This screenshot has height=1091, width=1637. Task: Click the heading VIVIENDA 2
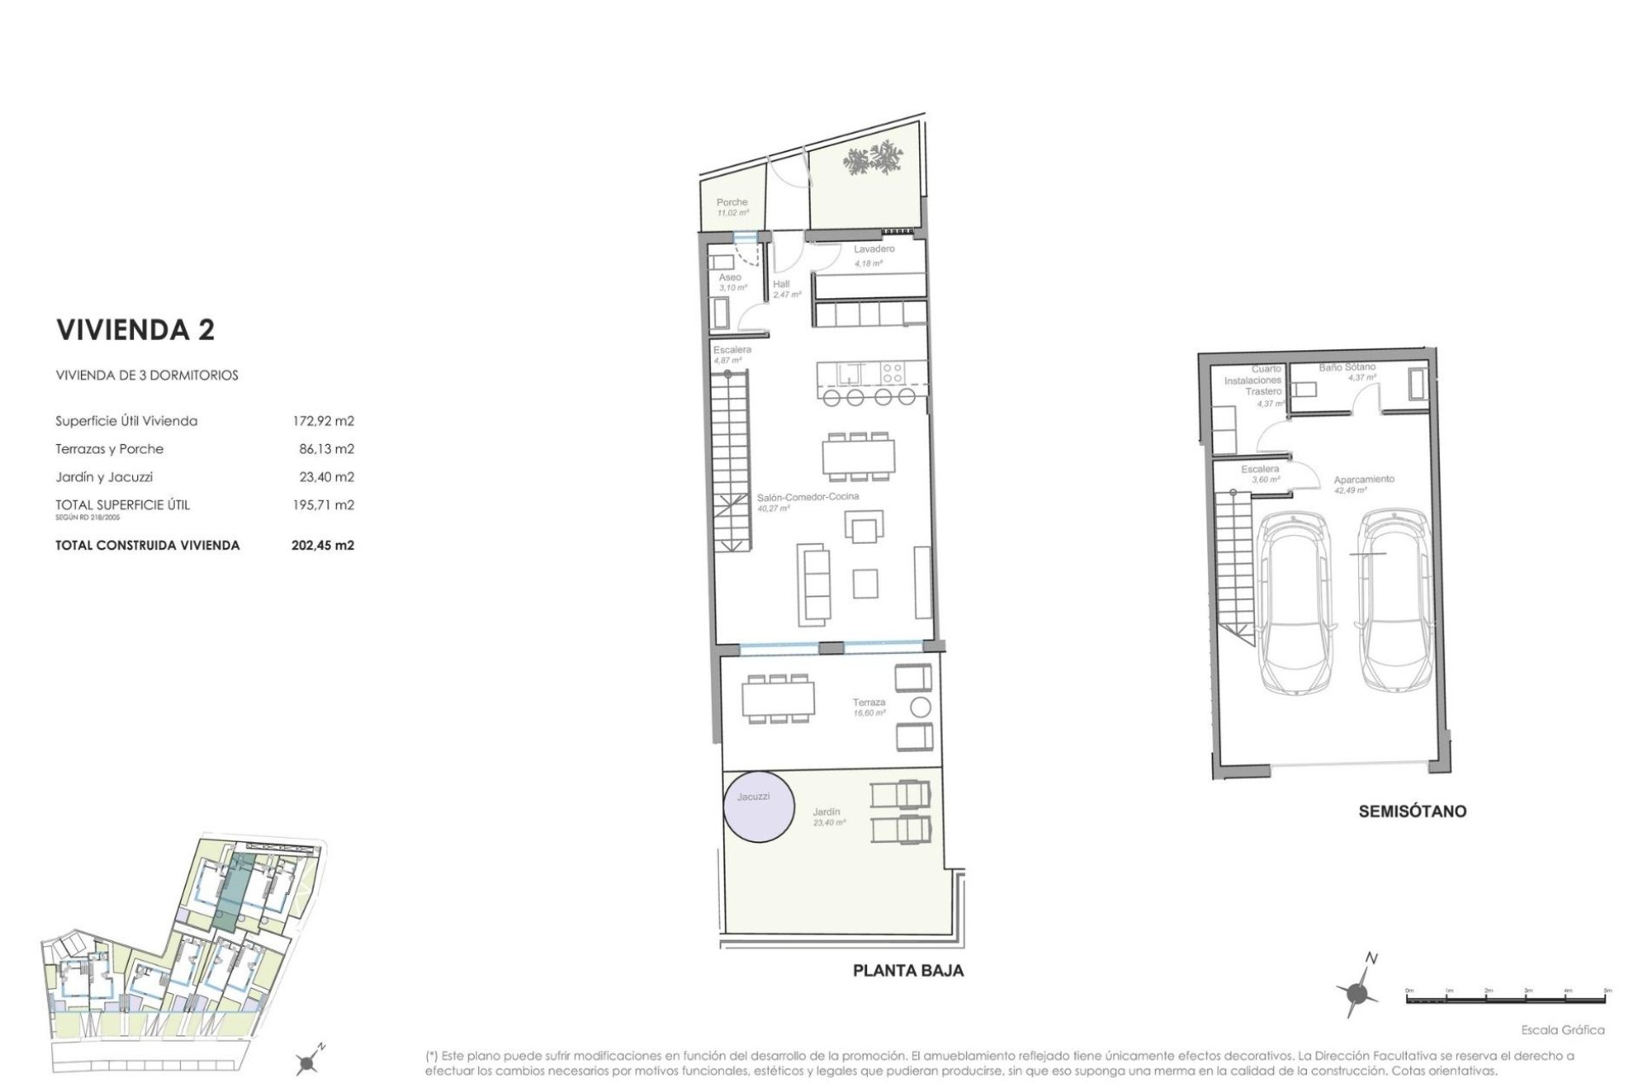point(135,330)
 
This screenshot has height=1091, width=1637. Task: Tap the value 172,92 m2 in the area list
point(322,421)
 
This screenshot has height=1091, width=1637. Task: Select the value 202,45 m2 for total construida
point(322,545)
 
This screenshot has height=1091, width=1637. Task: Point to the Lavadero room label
point(874,250)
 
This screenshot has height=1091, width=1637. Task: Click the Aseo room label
point(730,278)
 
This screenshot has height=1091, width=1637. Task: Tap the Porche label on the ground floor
point(732,203)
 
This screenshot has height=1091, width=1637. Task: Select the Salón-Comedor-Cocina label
point(808,496)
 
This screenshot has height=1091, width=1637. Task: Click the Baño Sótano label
point(1347,367)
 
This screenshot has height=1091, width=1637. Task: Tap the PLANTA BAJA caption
point(908,970)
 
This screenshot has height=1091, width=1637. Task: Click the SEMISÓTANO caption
point(1412,811)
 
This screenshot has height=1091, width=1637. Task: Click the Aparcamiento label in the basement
point(1364,480)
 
